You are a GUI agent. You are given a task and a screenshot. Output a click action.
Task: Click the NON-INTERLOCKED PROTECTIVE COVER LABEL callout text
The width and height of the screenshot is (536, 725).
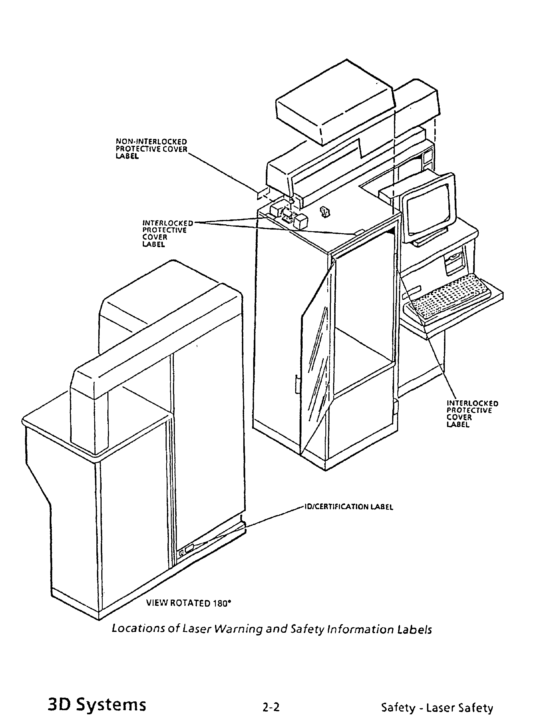pyautogui.click(x=152, y=149)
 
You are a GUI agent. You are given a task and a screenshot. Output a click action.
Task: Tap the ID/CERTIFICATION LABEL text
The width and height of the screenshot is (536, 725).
pyautogui.click(x=349, y=507)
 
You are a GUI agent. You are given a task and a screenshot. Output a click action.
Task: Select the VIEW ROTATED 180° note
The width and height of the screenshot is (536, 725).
pyautogui.click(x=189, y=603)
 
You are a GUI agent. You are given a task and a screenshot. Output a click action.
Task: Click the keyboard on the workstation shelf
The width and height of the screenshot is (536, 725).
pyautogui.click(x=451, y=299)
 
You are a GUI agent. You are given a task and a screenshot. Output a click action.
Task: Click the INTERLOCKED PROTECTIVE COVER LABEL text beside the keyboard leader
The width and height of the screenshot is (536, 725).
pyautogui.click(x=472, y=414)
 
